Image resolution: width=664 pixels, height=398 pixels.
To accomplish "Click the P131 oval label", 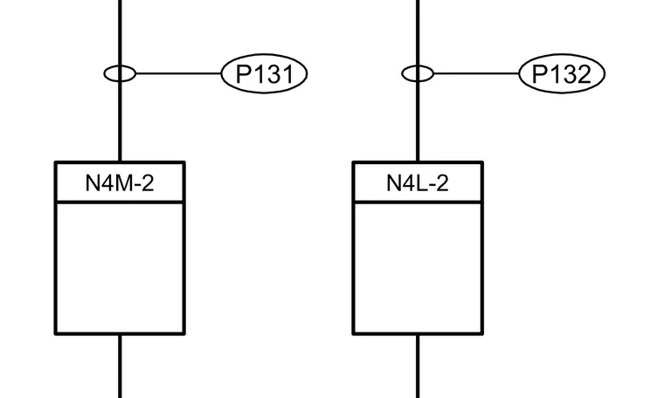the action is click(x=264, y=73).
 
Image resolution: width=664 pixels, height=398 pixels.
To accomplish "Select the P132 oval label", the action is click(x=562, y=73).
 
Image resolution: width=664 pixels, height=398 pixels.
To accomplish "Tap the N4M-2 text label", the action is click(x=120, y=183).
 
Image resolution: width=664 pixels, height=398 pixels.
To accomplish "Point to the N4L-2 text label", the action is click(x=418, y=183).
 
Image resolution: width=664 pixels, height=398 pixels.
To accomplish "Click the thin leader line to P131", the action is click(x=179, y=73).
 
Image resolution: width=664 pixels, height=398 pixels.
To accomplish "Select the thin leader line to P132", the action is click(x=476, y=73).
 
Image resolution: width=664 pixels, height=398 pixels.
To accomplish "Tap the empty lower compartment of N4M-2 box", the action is click(x=120, y=268).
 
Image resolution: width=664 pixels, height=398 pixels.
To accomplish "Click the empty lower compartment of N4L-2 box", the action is click(x=418, y=268).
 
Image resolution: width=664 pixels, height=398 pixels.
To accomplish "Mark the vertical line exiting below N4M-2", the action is click(x=120, y=367).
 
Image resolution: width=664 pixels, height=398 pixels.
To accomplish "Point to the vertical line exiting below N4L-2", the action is click(x=418, y=367).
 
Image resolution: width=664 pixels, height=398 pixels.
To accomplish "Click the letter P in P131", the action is click(x=243, y=74).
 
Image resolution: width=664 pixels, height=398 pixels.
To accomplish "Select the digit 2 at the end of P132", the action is click(x=583, y=74).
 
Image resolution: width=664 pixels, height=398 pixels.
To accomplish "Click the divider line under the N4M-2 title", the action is click(x=120, y=202).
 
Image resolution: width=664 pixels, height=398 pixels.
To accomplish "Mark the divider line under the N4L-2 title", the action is click(x=418, y=202).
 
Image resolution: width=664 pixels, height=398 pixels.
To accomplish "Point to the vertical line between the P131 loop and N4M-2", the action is click(x=120, y=121).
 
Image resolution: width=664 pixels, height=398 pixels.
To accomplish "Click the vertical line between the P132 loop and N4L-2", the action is click(x=418, y=121).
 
